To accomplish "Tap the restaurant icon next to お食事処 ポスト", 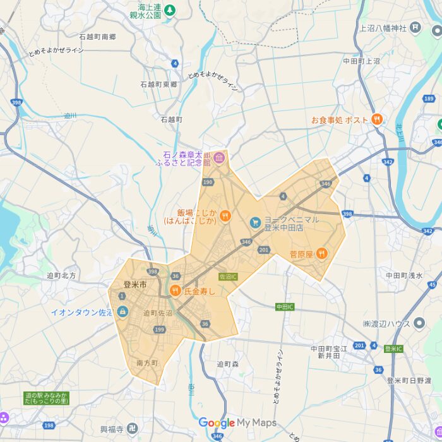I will pos(377,119).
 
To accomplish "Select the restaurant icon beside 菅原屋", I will pos(321,254).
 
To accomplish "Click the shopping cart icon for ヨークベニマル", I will pos(254,222).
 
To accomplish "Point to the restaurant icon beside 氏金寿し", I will pos(175,291).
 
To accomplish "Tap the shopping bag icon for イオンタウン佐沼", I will pos(122,312).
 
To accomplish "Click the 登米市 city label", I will pos(135,285).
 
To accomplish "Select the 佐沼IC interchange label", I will pos(227,277).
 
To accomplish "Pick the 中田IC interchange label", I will pos(285,307).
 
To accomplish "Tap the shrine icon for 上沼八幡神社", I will pos(415,27).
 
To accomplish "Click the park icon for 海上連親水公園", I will pos(169,11).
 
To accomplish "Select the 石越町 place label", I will pos(171,119).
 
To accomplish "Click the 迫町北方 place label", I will pos(61,275).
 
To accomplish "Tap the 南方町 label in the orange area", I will pos(146,363).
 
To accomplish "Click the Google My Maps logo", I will pos(237,423).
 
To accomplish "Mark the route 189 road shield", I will pos(429,99).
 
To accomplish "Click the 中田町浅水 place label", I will pos(404,275).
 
